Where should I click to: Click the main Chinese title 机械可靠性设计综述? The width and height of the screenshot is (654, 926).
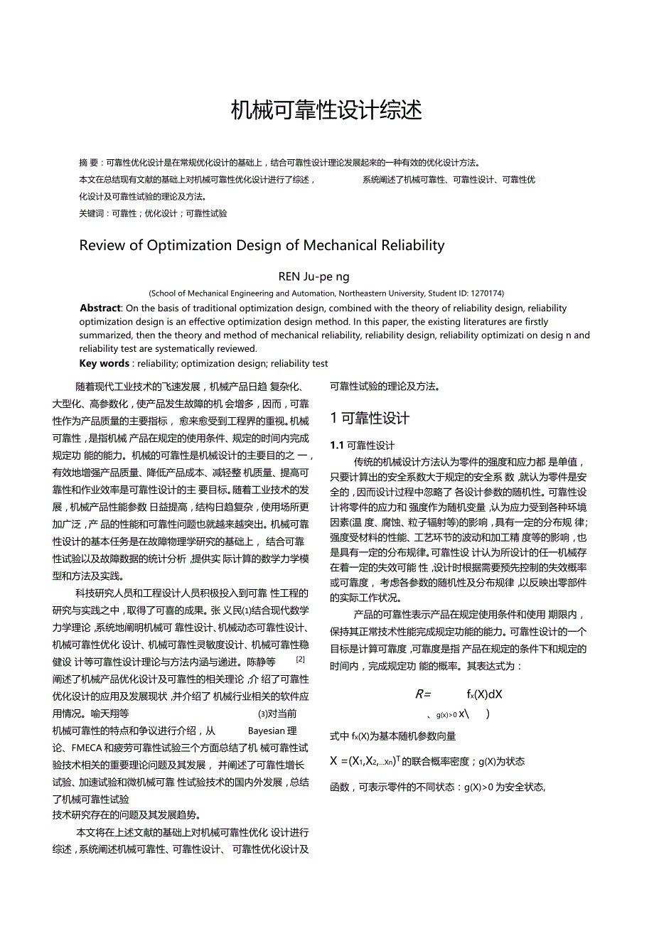click(x=326, y=110)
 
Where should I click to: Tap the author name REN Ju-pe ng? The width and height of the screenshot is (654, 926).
click(x=313, y=276)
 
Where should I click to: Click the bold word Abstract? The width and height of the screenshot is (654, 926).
click(x=100, y=308)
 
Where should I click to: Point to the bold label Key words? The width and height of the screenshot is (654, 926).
click(x=104, y=363)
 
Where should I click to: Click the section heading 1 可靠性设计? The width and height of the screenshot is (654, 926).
click(x=370, y=418)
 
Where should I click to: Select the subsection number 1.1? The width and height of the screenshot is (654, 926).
click(x=337, y=446)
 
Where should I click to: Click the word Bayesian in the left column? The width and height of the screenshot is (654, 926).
click(x=266, y=731)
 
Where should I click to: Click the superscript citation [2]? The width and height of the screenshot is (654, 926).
click(x=300, y=659)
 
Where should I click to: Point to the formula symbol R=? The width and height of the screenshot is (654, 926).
click(x=424, y=694)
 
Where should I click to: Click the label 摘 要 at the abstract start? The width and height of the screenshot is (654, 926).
click(x=89, y=163)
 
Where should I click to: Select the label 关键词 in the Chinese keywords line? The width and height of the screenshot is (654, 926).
click(x=92, y=213)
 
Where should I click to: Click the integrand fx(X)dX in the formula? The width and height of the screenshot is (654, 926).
click(x=484, y=694)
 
